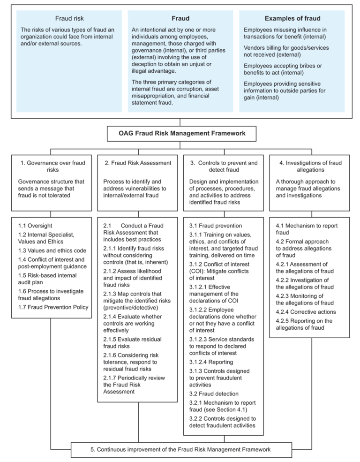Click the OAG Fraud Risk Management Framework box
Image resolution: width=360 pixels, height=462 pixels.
pos(182,133)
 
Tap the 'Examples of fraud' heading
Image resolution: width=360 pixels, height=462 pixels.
pos(292,19)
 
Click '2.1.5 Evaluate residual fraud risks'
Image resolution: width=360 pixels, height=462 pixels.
pos(127,342)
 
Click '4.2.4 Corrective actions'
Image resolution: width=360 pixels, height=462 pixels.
pos(306,311)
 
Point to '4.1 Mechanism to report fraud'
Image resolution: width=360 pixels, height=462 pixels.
pos(306,229)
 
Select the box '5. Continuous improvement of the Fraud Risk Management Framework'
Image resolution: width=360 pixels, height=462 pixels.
pos(180,449)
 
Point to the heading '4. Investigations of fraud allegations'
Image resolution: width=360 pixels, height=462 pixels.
pos(310,166)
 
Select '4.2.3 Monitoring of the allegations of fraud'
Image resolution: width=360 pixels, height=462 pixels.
pos(305,299)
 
